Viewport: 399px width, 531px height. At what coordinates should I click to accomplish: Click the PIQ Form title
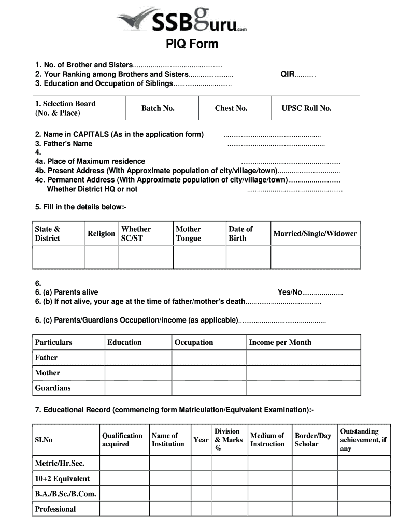click(192, 44)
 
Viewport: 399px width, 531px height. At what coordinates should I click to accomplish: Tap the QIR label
click(288, 74)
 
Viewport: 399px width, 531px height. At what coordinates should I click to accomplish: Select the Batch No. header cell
click(158, 108)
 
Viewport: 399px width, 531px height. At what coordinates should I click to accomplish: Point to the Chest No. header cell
click(231, 108)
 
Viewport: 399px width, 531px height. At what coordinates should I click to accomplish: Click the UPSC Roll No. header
click(306, 108)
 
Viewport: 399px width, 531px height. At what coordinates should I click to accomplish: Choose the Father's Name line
click(64, 144)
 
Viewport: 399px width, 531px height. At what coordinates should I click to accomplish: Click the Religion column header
click(101, 234)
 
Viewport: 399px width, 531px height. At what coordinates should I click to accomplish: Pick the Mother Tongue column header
click(188, 234)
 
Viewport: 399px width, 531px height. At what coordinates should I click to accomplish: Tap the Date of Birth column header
click(240, 234)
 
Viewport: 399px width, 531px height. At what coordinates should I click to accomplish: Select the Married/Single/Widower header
click(315, 234)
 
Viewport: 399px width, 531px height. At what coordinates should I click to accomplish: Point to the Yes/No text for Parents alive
click(290, 292)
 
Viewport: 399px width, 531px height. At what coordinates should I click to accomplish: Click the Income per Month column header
click(280, 342)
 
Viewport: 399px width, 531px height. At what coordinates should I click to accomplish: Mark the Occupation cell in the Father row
click(209, 358)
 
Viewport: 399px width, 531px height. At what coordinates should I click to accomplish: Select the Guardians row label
click(53, 388)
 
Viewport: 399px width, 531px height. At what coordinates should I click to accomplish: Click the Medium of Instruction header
click(267, 440)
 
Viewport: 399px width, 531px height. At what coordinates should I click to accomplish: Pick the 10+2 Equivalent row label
click(62, 479)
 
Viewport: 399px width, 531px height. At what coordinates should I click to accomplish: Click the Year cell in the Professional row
click(201, 509)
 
